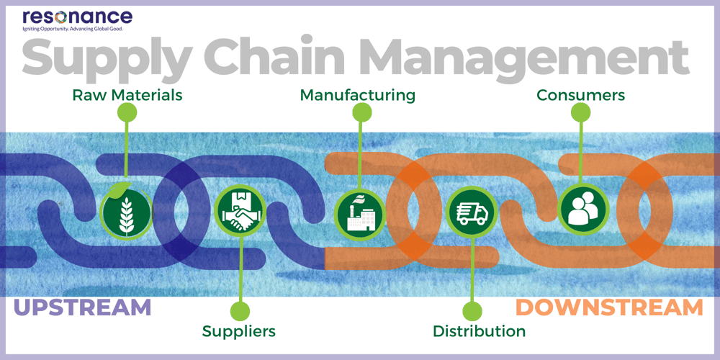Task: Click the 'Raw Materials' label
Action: tap(127, 95)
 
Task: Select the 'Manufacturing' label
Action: tap(358, 95)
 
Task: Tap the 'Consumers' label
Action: tap(580, 95)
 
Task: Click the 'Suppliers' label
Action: tap(239, 331)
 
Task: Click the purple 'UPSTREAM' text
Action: tap(83, 307)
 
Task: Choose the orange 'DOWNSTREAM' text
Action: tap(609, 307)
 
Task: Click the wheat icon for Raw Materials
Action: tap(126, 211)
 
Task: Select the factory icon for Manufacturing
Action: tap(359, 211)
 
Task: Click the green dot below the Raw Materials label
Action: tap(127, 112)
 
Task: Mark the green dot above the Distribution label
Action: tap(472, 311)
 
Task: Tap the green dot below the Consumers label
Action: tap(580, 112)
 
